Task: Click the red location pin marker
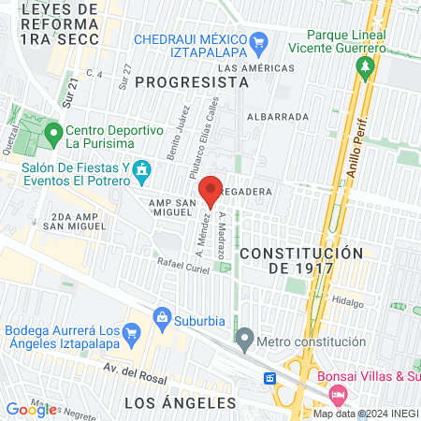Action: coord(211,191)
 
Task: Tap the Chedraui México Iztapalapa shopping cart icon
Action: coord(259,41)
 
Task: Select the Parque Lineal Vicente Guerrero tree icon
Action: coord(367,65)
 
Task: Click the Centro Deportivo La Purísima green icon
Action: coord(54,132)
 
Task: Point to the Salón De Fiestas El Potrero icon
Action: coord(142,170)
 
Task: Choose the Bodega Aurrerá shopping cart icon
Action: coord(132,332)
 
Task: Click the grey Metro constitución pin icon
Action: coord(245,338)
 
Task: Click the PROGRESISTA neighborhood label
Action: coord(192,82)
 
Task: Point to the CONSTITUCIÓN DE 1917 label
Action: coord(300,261)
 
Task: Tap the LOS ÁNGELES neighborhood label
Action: coord(181,402)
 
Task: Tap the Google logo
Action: coord(31,409)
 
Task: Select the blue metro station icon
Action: coord(269,378)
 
